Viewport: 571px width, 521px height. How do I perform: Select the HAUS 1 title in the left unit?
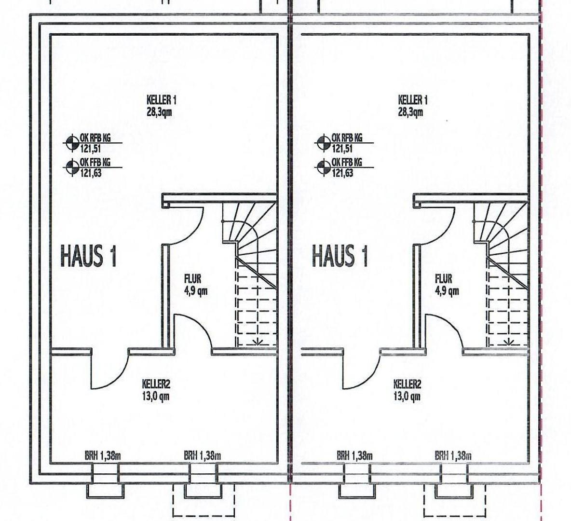88,256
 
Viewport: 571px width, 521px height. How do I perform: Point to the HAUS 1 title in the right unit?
340,256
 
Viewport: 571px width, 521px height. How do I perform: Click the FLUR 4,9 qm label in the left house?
196,285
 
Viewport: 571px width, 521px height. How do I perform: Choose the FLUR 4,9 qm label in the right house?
447,285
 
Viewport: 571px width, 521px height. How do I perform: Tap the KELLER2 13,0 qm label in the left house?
156,390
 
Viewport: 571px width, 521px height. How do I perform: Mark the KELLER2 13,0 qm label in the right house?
407,390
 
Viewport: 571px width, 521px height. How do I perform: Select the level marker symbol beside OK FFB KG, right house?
322,167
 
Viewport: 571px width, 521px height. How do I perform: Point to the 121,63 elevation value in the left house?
91,173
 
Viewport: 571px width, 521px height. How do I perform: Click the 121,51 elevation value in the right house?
342,149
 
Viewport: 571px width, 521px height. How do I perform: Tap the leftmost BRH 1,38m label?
103,455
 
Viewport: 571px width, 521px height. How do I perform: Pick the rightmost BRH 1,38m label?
453,455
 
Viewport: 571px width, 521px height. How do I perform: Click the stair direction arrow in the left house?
258,342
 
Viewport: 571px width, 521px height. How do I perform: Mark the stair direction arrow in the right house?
509,342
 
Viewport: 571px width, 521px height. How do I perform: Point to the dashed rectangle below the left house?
204,500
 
